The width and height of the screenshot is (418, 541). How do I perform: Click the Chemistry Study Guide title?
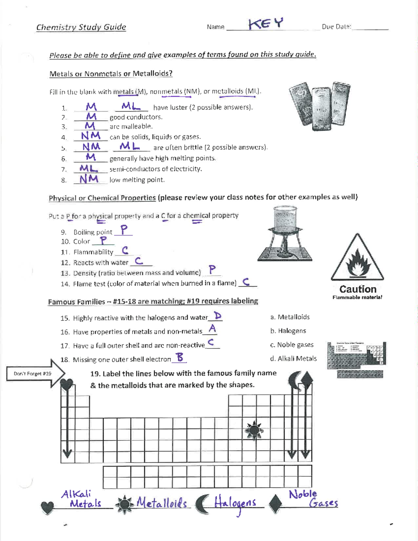(x=81, y=27)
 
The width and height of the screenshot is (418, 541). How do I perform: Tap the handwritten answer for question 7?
(x=88, y=169)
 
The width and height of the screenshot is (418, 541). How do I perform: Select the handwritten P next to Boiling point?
(x=124, y=230)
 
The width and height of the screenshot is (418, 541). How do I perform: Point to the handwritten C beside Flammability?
(x=125, y=250)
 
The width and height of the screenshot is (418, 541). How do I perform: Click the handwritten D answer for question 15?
(x=218, y=316)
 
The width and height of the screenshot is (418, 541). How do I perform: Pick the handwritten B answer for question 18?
(x=180, y=357)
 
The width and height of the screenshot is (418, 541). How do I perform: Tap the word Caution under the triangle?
(x=358, y=289)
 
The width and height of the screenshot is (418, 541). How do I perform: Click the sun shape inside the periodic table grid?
(x=254, y=431)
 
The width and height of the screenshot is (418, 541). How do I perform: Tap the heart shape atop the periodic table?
(x=67, y=384)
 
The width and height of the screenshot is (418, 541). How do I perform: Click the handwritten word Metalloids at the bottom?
(x=161, y=503)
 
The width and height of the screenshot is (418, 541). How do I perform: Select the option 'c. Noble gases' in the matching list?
(x=292, y=345)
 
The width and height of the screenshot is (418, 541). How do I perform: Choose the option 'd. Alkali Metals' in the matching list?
(x=293, y=358)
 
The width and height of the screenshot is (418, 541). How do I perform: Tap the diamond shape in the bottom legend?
(x=275, y=504)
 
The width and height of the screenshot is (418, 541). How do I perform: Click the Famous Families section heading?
(x=153, y=301)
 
